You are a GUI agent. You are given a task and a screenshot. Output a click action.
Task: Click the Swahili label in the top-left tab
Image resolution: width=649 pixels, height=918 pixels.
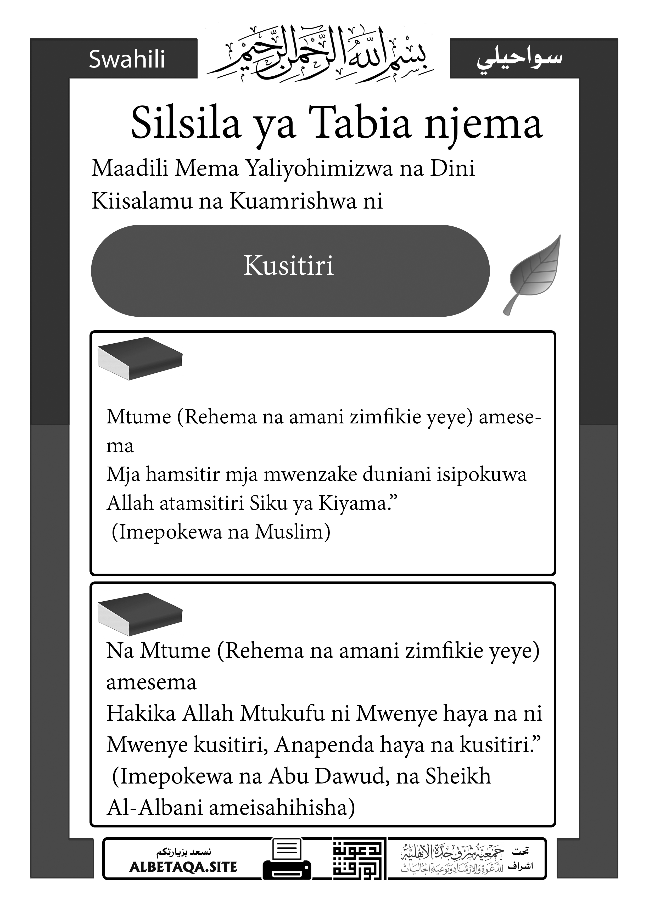(x=127, y=60)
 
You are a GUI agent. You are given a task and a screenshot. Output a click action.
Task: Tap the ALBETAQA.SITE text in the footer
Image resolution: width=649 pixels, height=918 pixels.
(x=183, y=867)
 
